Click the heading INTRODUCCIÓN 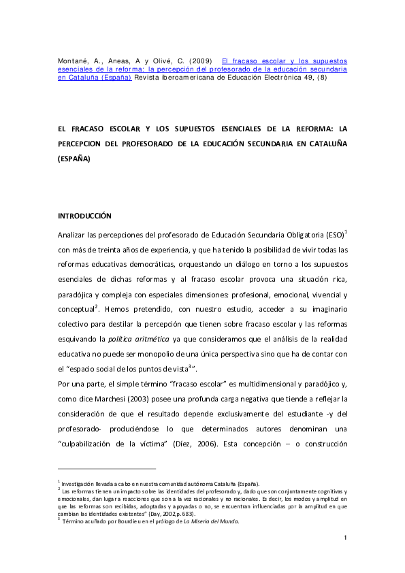[x=84, y=216]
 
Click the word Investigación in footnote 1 [x=80, y=483]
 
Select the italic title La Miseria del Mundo [x=210, y=521]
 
